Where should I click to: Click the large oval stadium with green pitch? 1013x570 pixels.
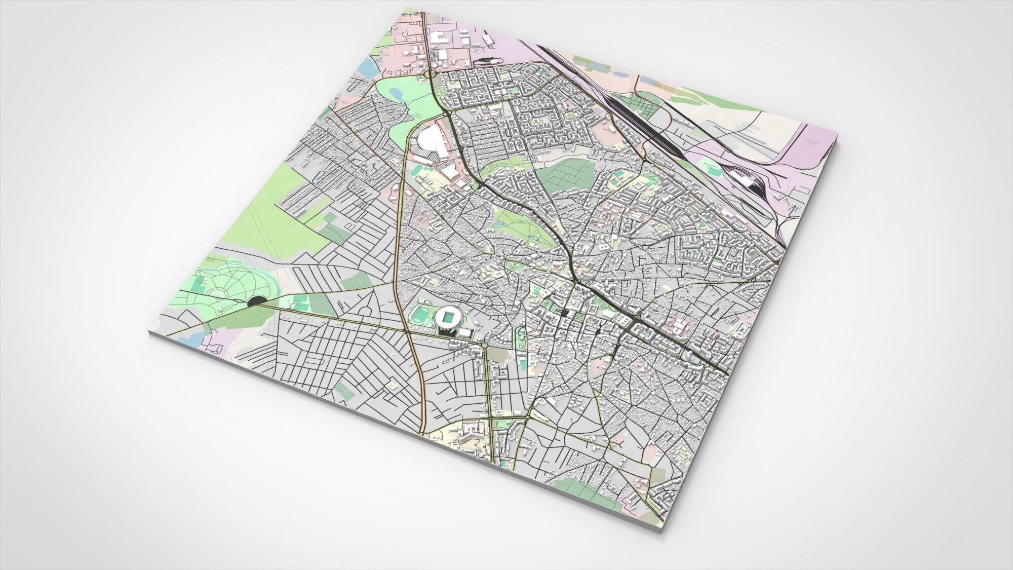(448, 318)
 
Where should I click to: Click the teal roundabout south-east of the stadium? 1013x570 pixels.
(485, 345)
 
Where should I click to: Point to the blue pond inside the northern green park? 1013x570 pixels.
(396, 94)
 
